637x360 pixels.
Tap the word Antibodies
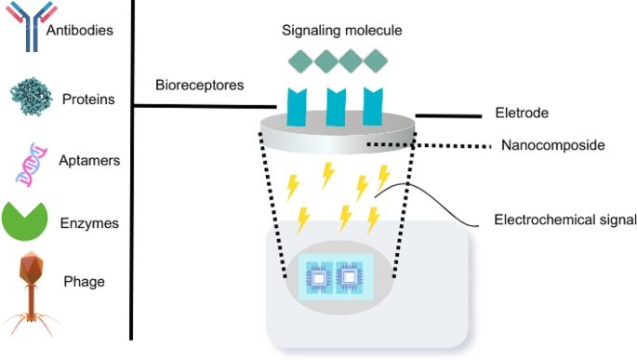(x=80, y=30)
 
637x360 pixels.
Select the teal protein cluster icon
(x=33, y=96)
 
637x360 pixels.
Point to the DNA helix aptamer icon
(x=31, y=159)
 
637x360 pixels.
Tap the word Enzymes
(x=89, y=224)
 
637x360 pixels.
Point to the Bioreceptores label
(x=199, y=85)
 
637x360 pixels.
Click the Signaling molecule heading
(x=342, y=31)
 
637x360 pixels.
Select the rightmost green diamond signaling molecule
(x=376, y=61)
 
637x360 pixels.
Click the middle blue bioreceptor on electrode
(x=338, y=106)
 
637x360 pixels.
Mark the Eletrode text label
(x=522, y=113)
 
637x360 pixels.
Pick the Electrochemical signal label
(x=564, y=220)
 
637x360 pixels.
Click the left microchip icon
(x=318, y=277)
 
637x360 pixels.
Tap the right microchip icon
(x=350, y=277)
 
